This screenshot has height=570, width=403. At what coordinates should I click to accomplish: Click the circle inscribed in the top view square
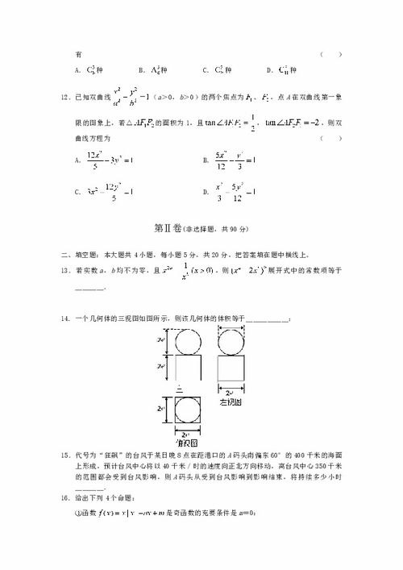pos(183,418)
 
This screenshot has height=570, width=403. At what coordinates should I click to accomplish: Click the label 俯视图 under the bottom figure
pos(183,443)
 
